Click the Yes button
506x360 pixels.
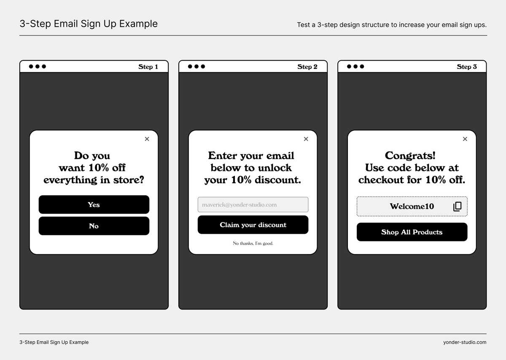point(94,204)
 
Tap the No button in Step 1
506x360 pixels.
point(94,226)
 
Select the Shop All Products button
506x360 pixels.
point(412,232)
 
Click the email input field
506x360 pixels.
point(253,204)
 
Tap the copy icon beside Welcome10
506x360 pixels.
point(457,206)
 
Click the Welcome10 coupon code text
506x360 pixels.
point(412,206)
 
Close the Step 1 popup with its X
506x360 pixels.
point(147,139)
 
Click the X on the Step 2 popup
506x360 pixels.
point(306,139)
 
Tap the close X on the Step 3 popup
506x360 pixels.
point(465,139)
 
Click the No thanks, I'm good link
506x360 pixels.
point(253,244)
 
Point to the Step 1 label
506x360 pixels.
point(148,67)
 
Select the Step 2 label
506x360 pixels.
point(307,67)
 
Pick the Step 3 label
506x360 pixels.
point(466,67)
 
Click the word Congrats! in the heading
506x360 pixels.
point(410,155)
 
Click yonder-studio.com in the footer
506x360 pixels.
point(465,342)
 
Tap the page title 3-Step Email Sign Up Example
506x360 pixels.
point(89,24)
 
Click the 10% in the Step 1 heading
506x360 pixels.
point(99,168)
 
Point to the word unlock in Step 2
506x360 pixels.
point(275,168)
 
